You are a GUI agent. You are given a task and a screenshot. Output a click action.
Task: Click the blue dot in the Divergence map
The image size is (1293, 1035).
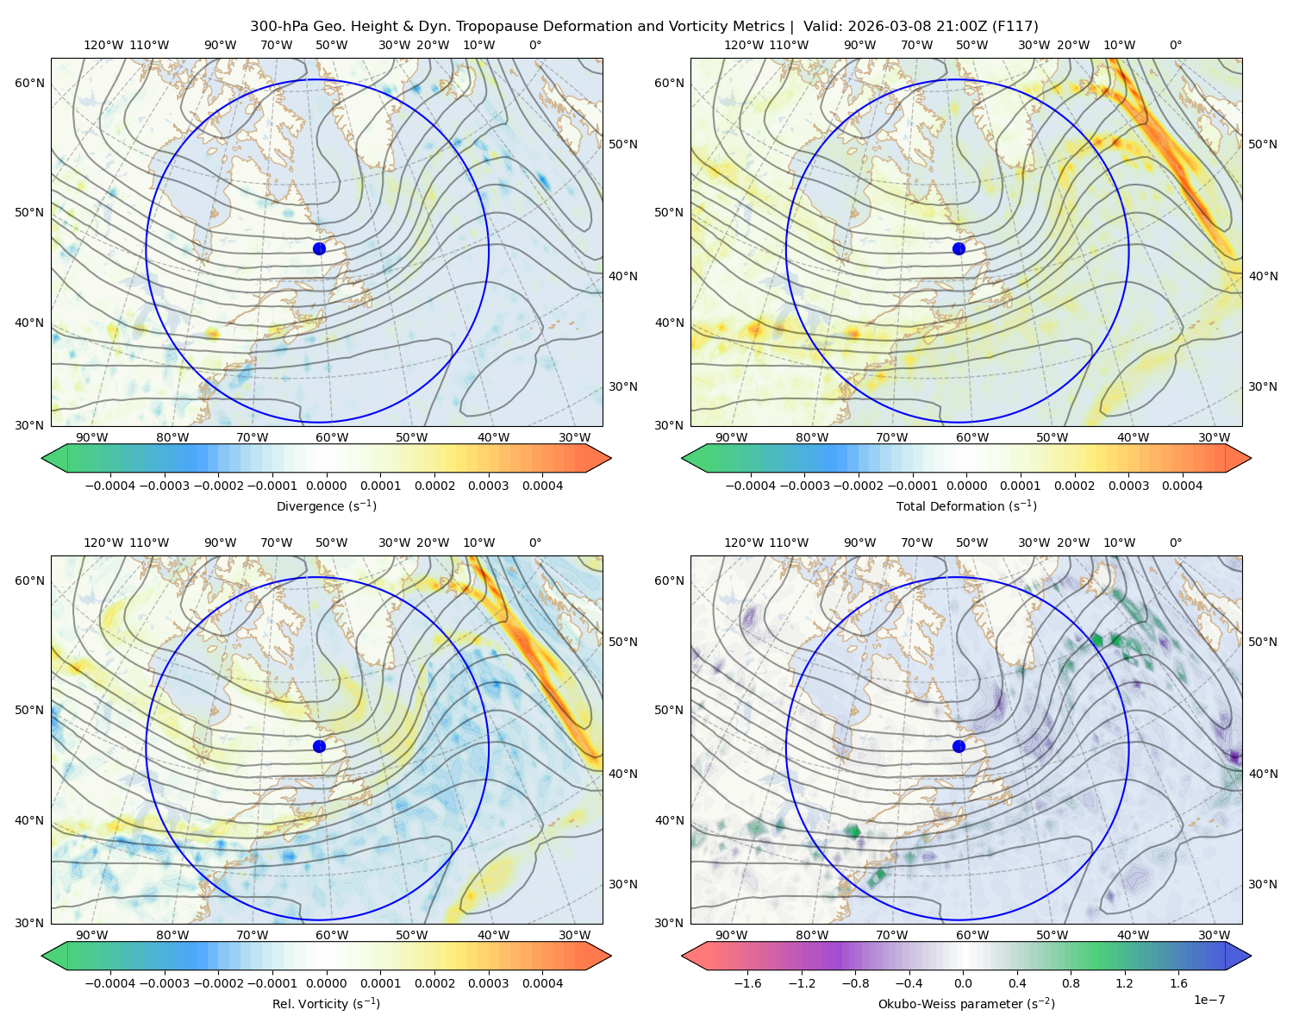[319, 248]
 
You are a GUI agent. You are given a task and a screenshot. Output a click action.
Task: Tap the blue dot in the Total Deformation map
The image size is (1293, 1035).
[959, 248]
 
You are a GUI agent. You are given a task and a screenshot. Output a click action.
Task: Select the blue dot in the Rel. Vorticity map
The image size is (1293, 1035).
[319, 746]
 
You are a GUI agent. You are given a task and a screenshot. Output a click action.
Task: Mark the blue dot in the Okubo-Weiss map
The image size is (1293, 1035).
[959, 746]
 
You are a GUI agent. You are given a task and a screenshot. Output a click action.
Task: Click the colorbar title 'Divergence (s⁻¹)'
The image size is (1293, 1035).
[326, 505]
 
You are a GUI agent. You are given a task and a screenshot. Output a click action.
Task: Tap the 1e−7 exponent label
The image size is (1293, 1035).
[1209, 1000]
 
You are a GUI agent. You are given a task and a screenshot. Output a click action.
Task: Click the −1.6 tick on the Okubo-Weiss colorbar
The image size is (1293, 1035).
[747, 982]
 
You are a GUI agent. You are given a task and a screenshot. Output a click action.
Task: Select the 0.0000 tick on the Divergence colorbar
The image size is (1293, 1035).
[326, 486]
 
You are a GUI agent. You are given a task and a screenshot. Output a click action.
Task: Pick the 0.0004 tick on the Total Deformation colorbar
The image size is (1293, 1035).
[1182, 486]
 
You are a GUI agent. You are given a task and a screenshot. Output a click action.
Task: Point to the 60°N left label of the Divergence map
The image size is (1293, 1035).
[29, 83]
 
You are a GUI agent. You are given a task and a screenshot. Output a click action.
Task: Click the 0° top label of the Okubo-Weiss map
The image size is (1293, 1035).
[1175, 542]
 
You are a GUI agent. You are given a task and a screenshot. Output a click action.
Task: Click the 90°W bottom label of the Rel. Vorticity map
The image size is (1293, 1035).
[92, 935]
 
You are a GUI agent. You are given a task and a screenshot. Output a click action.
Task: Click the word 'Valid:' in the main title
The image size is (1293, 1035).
[822, 27]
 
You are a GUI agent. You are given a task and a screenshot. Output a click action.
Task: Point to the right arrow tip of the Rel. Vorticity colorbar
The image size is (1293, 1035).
[611, 955]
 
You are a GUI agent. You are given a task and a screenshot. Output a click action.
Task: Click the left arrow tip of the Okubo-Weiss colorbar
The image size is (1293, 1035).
[682, 955]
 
